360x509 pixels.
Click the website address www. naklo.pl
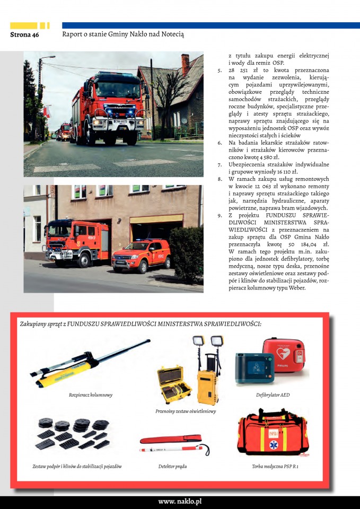point(180,502)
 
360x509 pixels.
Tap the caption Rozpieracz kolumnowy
point(91,395)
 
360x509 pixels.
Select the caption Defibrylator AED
point(273,395)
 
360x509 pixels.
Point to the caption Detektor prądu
point(172,467)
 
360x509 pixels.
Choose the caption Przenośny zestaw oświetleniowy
point(186,411)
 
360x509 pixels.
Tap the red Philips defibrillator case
point(284,355)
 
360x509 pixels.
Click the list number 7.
point(219,165)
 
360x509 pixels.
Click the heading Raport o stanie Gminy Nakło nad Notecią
point(123,34)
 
